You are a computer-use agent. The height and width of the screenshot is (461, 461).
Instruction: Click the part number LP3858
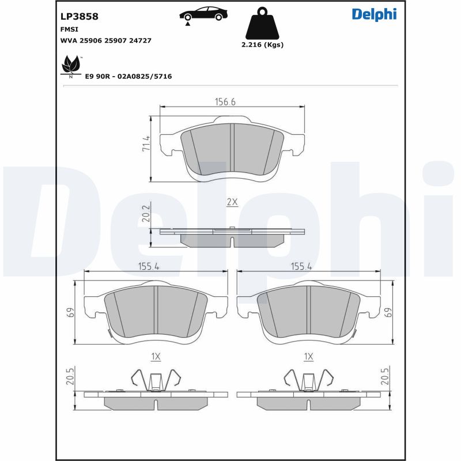(79, 17)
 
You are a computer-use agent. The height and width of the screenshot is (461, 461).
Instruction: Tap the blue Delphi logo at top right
(374, 14)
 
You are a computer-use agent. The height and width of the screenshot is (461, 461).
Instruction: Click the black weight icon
(262, 24)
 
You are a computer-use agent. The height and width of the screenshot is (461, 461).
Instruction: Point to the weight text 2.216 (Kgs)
(262, 45)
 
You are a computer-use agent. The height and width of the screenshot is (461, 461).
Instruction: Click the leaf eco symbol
(70, 65)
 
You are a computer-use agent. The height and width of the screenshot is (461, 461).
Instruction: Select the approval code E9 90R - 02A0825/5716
(129, 77)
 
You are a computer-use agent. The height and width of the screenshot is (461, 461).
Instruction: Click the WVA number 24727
(140, 40)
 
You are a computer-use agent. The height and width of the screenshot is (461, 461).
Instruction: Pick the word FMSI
(69, 29)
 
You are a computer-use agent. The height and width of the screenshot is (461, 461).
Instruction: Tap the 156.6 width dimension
(225, 102)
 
